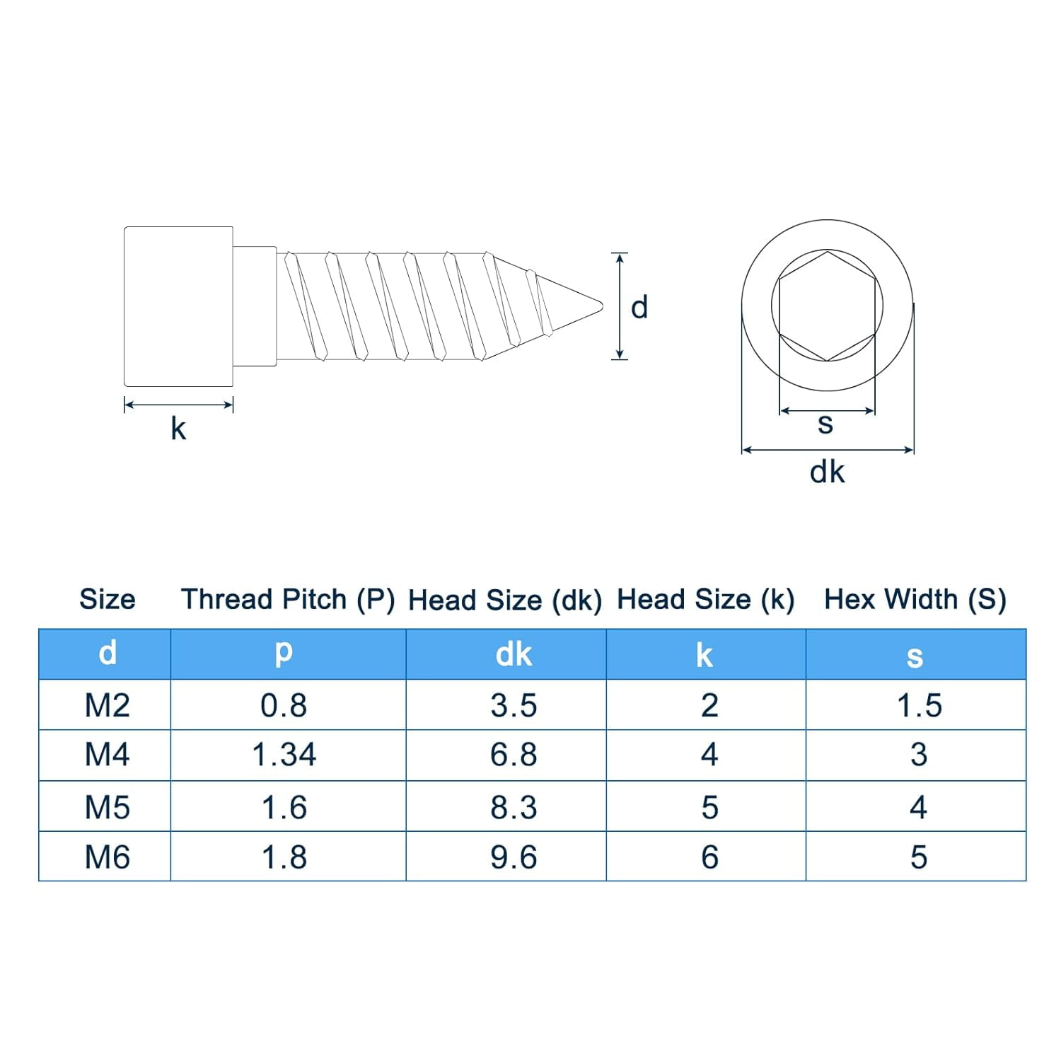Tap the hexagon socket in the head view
pos(827,306)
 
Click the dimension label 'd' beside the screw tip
pos(639,308)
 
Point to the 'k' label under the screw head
pos(178,429)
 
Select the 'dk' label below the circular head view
pos(827,472)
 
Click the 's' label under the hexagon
pos(825,424)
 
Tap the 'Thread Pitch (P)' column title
pos(288,599)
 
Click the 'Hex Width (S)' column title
pos(915,599)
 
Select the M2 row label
pos(107,705)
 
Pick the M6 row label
pos(107,857)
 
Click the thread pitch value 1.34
pos(284,755)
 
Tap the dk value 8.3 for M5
pos(514,807)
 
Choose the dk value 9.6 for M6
pos(514,857)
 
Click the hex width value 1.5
pos(919,705)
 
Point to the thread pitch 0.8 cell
pos(284,705)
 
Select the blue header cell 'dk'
pos(514,654)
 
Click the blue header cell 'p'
pos(284,652)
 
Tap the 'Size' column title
pos(108,599)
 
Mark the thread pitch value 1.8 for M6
pos(284,857)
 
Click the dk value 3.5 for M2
pos(514,705)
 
